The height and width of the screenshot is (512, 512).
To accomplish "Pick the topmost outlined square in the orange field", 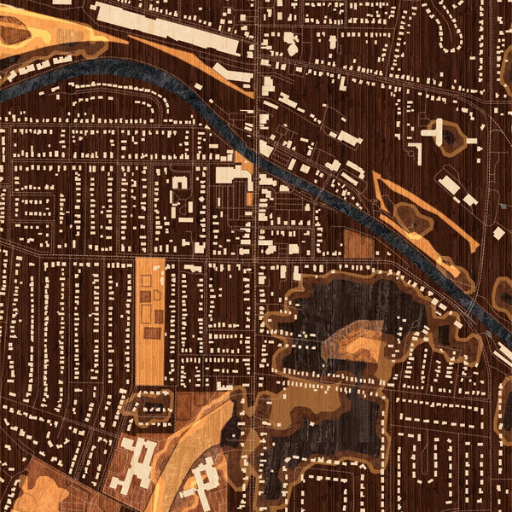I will tap(146, 279).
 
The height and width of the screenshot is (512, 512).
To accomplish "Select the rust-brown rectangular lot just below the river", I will tap(359, 243).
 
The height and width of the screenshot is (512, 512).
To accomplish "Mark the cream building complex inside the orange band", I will tap(205, 482).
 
